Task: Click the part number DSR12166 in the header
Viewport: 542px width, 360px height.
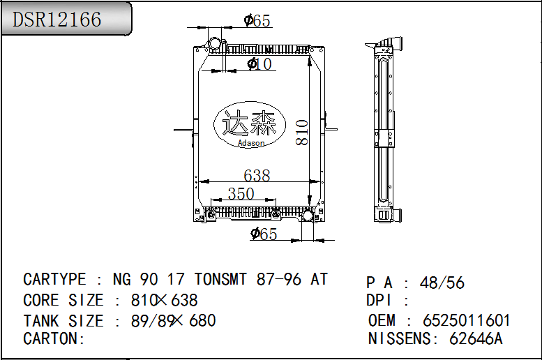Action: point(57,19)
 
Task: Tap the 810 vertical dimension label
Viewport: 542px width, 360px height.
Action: point(302,133)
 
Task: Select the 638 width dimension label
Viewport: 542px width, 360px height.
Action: point(257,175)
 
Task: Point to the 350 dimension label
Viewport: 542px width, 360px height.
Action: point(241,193)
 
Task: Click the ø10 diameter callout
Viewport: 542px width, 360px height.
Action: point(259,63)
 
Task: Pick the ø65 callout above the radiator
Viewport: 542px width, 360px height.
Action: point(257,20)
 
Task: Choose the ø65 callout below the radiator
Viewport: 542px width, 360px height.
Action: point(264,234)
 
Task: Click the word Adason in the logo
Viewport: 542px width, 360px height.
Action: point(251,143)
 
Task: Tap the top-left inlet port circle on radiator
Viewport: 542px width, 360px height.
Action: point(213,45)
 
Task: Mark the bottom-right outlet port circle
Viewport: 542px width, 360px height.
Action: point(308,216)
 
